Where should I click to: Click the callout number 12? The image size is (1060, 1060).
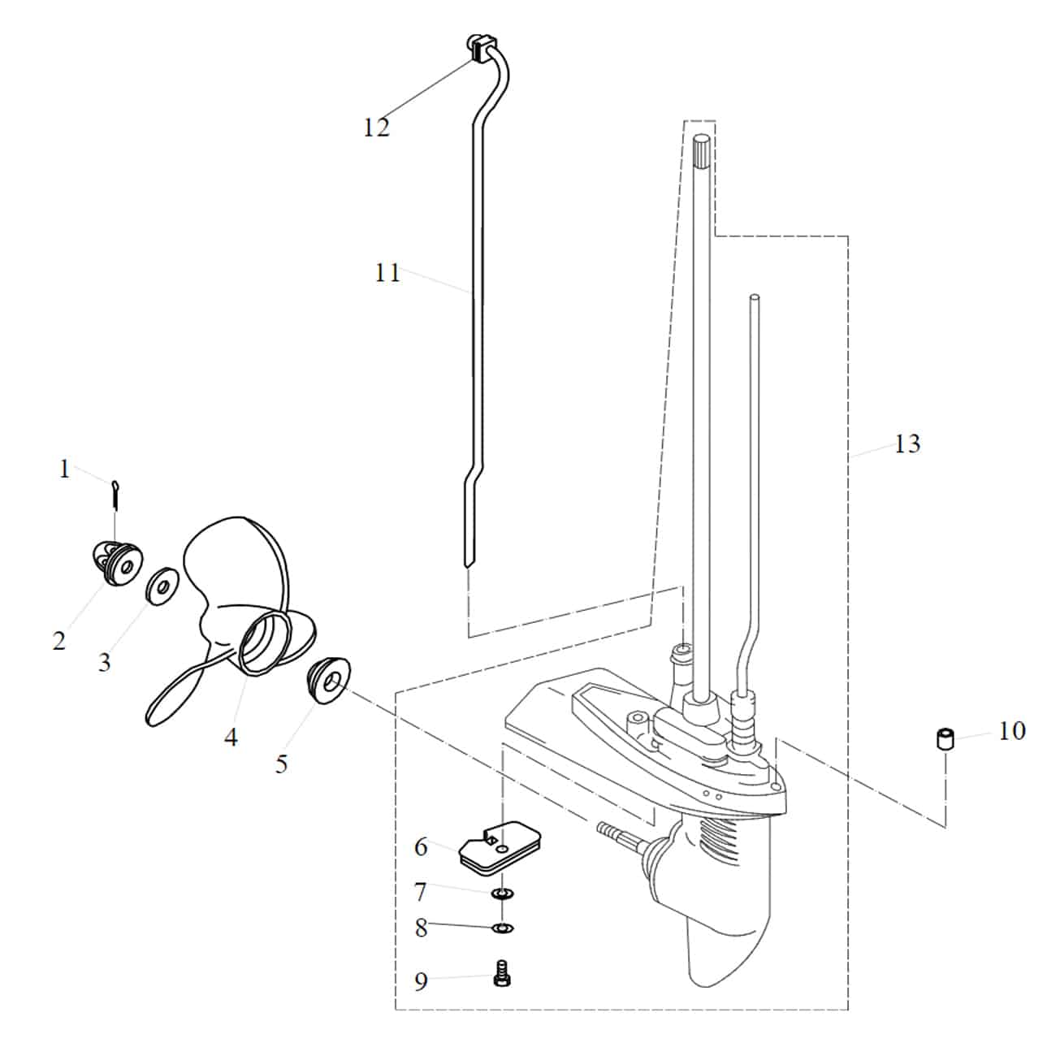point(377,128)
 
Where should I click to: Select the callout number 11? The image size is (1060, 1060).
point(387,274)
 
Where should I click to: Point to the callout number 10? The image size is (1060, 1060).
point(1012,731)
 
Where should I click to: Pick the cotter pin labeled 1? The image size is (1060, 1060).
point(115,493)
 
